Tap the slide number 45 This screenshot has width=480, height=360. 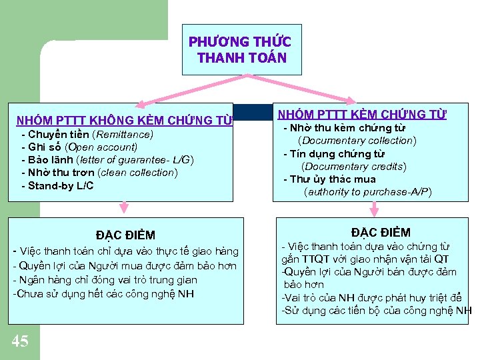click(20, 341)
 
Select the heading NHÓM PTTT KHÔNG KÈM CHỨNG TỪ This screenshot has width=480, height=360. click(125, 121)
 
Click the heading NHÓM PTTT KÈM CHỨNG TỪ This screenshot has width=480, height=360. click(361, 115)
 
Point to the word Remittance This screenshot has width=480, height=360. click(123, 134)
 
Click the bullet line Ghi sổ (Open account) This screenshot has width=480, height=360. click(79, 147)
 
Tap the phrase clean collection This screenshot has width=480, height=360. click(137, 172)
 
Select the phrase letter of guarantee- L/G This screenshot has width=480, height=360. click(135, 159)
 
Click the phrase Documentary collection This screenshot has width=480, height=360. click(357, 141)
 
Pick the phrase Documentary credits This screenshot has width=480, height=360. click(354, 166)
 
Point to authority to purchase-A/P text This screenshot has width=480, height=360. click(367, 192)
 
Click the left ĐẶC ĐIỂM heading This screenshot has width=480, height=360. click(125, 235)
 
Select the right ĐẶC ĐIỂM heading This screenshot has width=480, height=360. click(381, 232)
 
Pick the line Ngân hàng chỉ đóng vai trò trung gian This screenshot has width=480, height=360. click(105, 279)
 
